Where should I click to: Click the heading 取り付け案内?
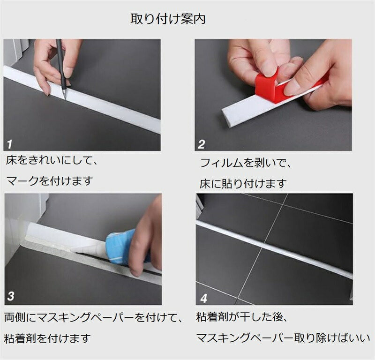168,19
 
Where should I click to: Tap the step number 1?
9,144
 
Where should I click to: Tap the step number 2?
202,144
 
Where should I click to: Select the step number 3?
11,296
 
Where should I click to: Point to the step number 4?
204,298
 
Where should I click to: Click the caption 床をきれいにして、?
52,160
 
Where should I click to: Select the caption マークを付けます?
50,181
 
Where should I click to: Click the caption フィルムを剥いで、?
245,163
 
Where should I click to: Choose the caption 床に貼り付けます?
243,184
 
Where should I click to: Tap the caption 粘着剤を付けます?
48,338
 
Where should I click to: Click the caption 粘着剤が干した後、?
242,317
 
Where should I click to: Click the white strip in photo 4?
274,249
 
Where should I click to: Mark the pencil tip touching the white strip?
65,99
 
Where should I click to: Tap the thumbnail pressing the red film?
269,71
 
